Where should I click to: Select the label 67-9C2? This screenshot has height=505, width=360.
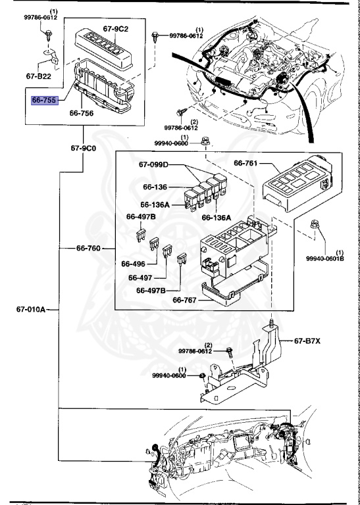click(116, 29)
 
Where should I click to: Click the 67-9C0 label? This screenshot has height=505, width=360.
click(84, 148)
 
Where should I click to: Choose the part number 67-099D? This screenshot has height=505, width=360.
click(153, 164)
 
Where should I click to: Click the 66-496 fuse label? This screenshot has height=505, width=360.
click(133, 264)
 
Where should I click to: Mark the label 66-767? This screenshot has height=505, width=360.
click(186, 301)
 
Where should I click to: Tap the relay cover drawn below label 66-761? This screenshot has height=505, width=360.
click(296, 185)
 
